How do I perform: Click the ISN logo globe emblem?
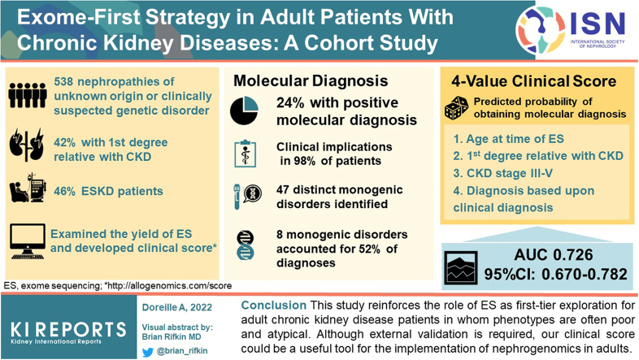[541, 30]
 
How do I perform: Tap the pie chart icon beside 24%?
[244, 111]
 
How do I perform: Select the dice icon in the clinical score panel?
[456, 108]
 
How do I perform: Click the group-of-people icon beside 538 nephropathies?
[28, 95]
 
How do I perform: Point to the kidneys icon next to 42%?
[27, 145]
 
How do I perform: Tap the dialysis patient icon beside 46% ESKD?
[28, 188]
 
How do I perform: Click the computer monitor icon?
[28, 241]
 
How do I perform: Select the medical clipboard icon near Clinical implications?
[246, 154]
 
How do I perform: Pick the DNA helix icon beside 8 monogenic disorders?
[246, 245]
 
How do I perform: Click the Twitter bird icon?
[148, 351]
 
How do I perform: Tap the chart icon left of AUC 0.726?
[461, 267]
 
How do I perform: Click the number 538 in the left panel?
[63, 81]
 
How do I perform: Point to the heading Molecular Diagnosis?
[311, 80]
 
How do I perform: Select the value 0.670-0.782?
[585, 274]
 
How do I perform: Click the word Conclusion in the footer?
[273, 305]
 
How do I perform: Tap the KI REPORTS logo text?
[68, 329]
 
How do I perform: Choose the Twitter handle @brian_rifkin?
[182, 350]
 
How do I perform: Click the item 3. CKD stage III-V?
[503, 173]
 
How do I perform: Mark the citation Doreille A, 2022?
[177, 307]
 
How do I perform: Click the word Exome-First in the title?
[78, 18]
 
